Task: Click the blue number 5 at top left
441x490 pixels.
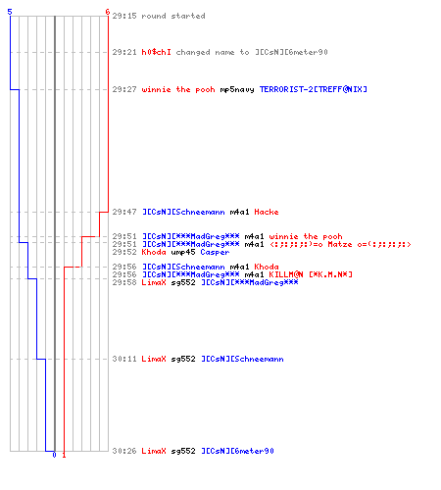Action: (10, 12)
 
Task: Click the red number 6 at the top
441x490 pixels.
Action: (108, 12)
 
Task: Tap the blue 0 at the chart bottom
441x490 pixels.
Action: (54, 455)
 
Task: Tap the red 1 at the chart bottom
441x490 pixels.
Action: (64, 455)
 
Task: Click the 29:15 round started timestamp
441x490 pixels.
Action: (124, 16)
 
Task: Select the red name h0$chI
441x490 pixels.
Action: (156, 52)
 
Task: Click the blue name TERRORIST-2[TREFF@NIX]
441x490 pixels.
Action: (314, 89)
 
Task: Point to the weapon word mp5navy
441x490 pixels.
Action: (237, 89)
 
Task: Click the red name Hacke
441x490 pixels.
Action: (267, 212)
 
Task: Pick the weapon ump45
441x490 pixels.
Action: (183, 252)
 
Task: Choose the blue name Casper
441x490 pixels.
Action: (215, 252)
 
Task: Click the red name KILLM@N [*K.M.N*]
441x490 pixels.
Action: (311, 274)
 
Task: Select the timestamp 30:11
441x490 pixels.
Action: (124, 359)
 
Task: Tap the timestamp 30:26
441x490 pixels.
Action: (124, 451)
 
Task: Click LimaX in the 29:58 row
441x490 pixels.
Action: (154, 282)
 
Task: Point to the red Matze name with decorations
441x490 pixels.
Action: (340, 244)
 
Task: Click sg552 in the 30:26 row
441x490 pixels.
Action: (183, 451)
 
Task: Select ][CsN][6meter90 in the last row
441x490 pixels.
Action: (237, 451)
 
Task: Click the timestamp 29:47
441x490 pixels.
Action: (124, 212)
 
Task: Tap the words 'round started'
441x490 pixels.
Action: (173, 16)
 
